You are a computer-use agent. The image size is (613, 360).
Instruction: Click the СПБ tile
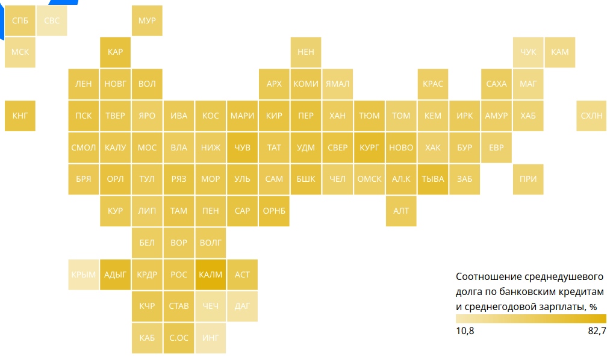point(20,21)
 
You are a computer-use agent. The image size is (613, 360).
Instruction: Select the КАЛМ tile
point(211,275)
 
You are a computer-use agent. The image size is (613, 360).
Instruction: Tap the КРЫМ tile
point(84,275)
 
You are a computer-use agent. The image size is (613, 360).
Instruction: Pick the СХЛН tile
point(591,116)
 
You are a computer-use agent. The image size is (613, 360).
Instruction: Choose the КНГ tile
point(20,116)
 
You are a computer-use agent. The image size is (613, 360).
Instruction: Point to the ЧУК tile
point(528,52)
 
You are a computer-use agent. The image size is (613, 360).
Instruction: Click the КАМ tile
point(560,52)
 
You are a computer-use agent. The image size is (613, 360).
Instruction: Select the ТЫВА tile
point(433,179)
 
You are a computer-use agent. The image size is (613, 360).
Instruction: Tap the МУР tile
point(147,21)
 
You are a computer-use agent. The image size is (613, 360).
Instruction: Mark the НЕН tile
point(306,52)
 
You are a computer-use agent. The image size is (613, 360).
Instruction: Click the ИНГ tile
point(211,338)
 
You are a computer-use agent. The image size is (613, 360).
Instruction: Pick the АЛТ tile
point(401,211)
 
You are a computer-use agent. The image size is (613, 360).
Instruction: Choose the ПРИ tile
point(528,179)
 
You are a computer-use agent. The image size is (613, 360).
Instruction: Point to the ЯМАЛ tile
point(337,84)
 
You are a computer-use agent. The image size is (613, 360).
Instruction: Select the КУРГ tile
point(369,147)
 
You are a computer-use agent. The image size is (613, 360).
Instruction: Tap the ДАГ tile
point(242,306)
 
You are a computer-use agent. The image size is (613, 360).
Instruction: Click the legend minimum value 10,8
point(465,331)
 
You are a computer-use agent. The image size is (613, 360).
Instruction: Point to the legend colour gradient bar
point(531,319)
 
